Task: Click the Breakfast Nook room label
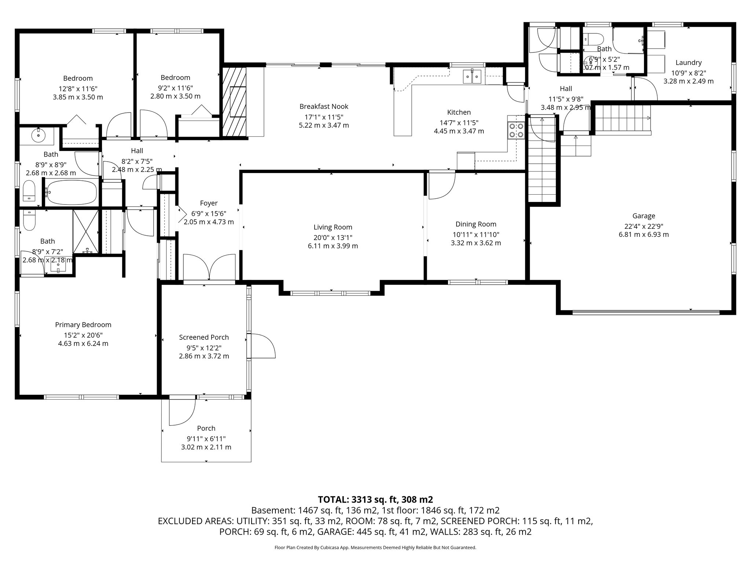pyautogui.click(x=323, y=106)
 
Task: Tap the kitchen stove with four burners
pyautogui.click(x=516, y=130)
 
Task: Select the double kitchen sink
pyautogui.click(x=472, y=77)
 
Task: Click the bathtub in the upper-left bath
pyautogui.click(x=72, y=192)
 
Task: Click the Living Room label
pyautogui.click(x=333, y=227)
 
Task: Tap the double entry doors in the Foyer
pyautogui.click(x=209, y=268)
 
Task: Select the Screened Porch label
pyautogui.click(x=204, y=337)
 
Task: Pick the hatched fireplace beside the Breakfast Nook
pyautogui.click(x=235, y=102)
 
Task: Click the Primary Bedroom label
pyautogui.click(x=83, y=325)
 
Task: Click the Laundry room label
pyautogui.click(x=688, y=63)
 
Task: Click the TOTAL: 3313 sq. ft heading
pyautogui.click(x=375, y=499)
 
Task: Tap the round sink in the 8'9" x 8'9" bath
pyautogui.click(x=38, y=136)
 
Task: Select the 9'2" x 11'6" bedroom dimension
pyautogui.click(x=175, y=88)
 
